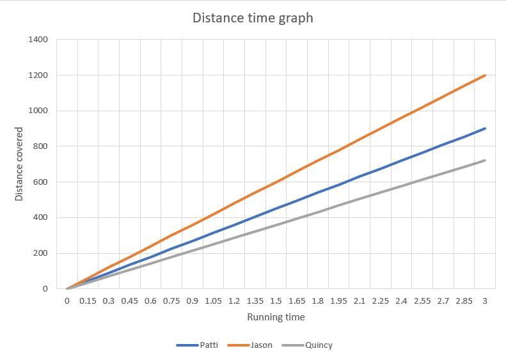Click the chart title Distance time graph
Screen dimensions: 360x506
(253, 17)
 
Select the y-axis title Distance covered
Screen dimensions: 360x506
(19, 164)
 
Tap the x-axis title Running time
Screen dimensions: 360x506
(276, 317)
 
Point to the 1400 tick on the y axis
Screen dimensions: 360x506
(38, 40)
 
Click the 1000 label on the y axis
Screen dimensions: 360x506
(38, 111)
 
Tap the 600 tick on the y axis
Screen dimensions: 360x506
(40, 182)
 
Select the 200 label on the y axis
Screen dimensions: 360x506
(40, 253)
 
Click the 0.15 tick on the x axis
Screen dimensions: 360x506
(88, 301)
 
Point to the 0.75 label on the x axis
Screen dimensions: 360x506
(171, 301)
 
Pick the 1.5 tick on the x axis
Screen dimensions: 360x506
(276, 301)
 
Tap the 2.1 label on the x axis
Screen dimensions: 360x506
(360, 301)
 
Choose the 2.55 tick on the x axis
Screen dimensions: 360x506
(422, 301)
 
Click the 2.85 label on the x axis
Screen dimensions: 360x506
(464, 301)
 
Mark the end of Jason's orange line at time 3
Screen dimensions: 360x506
(485, 75)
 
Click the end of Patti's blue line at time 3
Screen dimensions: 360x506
(485, 129)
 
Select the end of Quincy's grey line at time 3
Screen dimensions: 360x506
(485, 160)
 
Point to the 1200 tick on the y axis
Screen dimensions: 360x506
(38, 75)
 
